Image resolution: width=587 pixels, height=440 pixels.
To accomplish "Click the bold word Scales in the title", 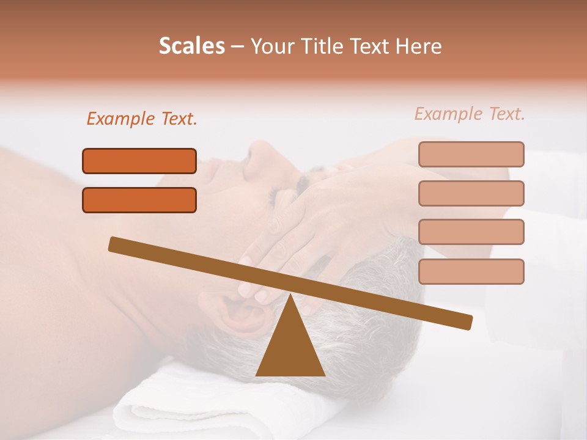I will click(191, 46).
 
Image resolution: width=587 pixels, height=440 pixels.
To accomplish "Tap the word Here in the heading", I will click(418, 46).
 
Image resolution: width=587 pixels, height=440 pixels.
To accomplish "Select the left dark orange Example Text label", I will click(142, 119).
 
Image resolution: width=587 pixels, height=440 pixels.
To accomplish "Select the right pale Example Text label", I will click(470, 114).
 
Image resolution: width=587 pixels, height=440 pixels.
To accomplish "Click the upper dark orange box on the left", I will click(139, 161).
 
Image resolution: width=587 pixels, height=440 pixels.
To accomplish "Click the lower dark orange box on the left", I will click(139, 200).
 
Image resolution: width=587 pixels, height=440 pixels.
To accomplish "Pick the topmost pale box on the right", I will click(471, 154).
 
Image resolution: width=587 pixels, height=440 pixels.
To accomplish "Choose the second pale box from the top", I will click(471, 193).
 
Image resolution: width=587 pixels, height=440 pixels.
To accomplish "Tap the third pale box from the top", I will click(471, 232).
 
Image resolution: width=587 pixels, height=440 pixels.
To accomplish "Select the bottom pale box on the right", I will click(471, 271).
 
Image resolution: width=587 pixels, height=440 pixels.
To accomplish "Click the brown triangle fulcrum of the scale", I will click(290, 348).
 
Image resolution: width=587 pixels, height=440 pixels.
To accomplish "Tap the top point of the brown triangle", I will click(290, 296).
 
